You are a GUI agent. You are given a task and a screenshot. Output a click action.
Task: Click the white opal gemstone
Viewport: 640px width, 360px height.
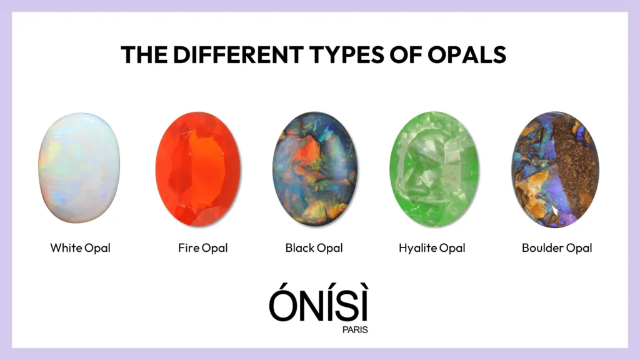click(79, 167)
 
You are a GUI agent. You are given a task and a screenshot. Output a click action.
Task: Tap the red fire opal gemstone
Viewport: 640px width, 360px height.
click(198, 169)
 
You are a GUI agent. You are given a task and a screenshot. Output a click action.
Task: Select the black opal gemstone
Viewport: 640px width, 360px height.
click(315, 169)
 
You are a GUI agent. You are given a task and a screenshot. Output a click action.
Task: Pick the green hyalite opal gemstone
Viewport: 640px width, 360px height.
click(434, 169)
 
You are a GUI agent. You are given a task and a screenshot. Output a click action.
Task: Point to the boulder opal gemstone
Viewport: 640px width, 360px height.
click(556, 169)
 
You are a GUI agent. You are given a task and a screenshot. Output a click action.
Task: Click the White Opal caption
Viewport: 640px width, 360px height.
click(81, 248)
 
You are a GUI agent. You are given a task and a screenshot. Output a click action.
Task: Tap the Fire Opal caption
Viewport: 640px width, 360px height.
click(203, 248)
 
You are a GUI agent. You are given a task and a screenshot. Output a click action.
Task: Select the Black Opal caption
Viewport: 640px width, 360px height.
click(314, 248)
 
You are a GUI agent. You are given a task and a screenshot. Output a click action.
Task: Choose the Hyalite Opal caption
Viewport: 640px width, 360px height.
click(432, 248)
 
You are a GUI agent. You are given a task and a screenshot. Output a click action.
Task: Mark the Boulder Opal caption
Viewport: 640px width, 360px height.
click(557, 248)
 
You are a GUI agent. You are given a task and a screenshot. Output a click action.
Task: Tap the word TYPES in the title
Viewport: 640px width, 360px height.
click(346, 55)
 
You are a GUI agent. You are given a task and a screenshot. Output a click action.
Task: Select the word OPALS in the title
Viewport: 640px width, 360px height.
click(467, 55)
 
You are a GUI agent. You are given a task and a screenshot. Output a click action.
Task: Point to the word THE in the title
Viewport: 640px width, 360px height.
click(144, 55)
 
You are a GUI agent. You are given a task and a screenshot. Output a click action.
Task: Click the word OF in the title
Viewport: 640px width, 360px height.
click(406, 55)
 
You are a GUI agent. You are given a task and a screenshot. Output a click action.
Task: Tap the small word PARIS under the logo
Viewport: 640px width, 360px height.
click(355, 330)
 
